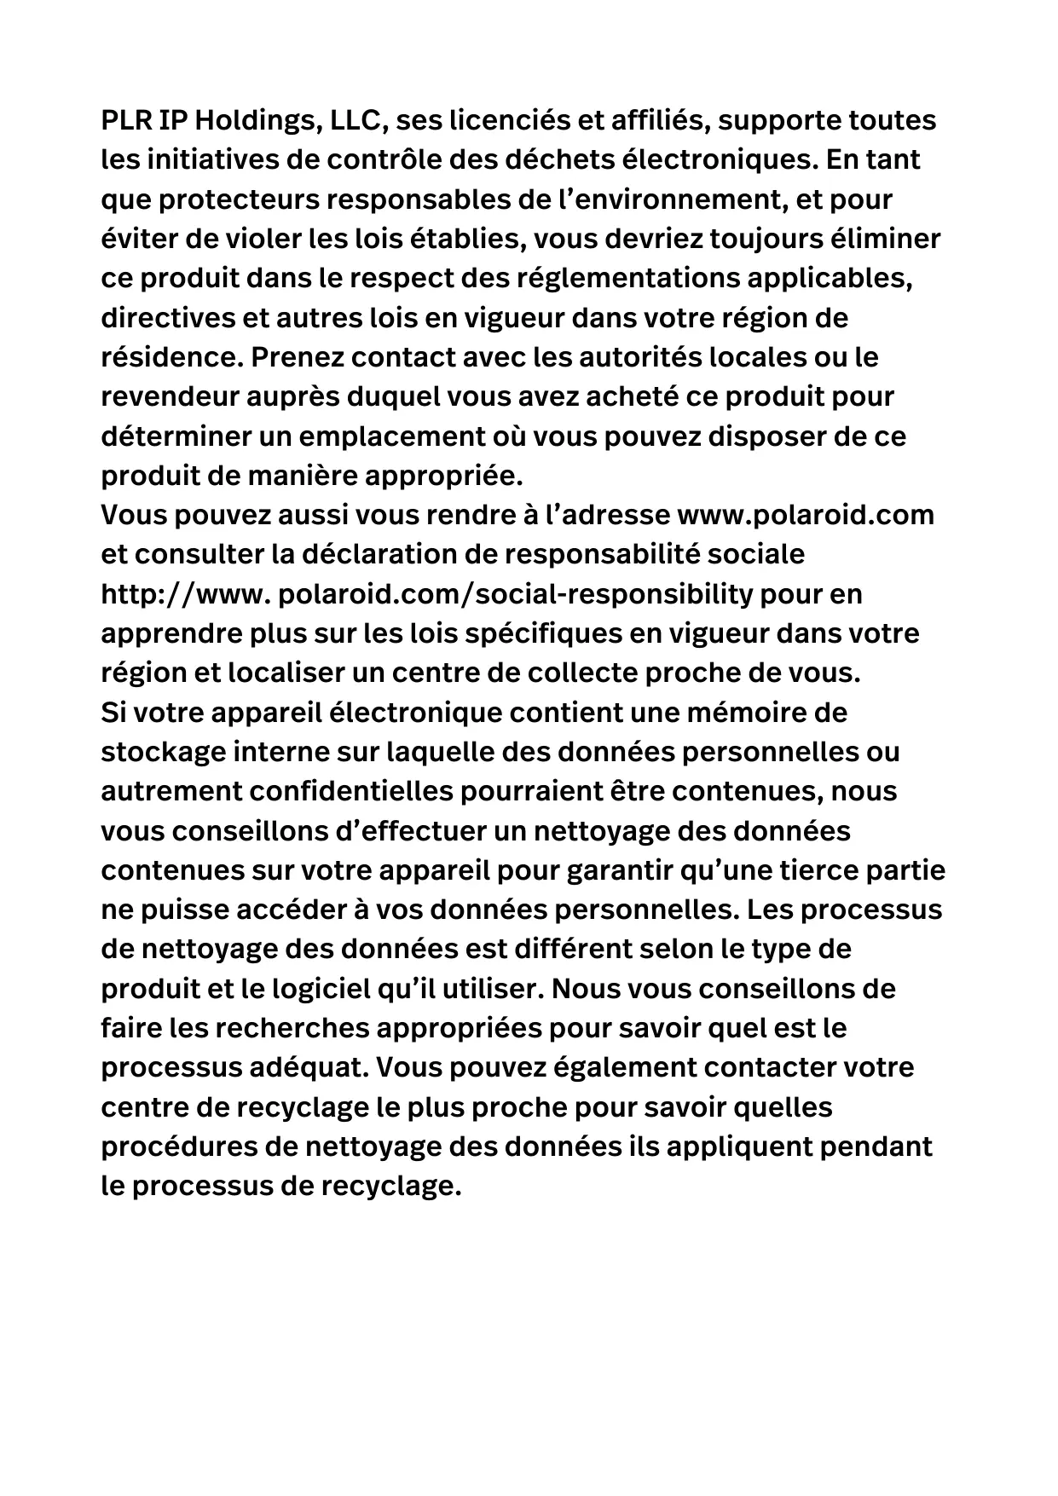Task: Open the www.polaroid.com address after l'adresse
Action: tap(805, 516)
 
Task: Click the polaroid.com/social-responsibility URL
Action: tap(516, 595)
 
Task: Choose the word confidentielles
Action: tap(353, 792)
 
